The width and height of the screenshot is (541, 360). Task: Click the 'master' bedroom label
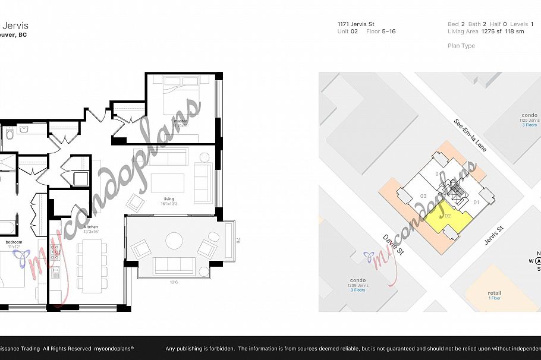[181, 121]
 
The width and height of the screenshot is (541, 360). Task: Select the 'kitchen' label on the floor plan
[90, 228]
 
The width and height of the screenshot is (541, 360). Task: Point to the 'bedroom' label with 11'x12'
[14, 242]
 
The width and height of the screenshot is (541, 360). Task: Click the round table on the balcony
[174, 241]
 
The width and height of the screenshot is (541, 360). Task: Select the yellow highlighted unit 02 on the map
[448, 217]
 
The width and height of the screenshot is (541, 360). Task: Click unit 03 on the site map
[423, 195]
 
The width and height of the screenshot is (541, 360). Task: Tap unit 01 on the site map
[476, 202]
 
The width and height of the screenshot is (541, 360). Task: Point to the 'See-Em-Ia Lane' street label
[470, 135]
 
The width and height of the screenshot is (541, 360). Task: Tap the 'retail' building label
[494, 293]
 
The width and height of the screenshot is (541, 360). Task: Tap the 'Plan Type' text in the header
[461, 46]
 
